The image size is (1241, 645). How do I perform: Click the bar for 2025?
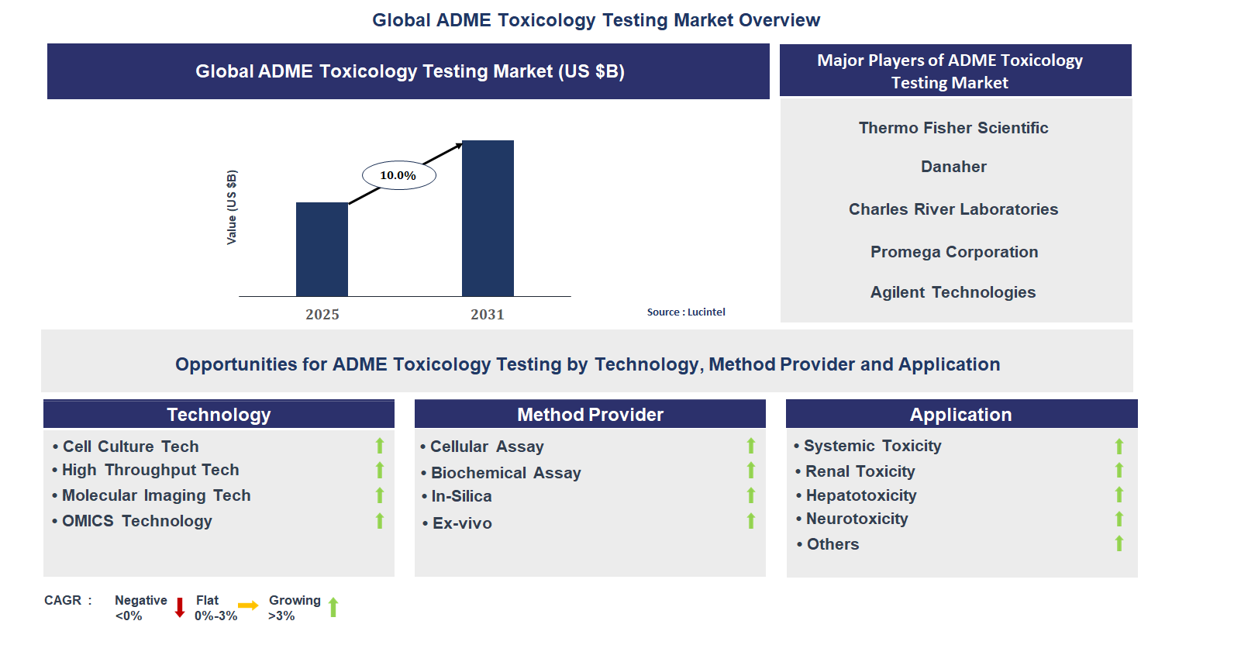point(322,249)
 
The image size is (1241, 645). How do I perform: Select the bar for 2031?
point(488,218)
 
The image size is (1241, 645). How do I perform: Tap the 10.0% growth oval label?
point(398,175)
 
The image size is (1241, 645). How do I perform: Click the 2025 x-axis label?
point(322,314)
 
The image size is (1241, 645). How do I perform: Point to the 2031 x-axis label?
point(487,314)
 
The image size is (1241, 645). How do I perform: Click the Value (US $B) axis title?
point(232,207)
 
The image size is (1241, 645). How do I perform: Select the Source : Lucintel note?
point(686,312)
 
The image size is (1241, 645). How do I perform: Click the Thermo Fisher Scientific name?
point(953,128)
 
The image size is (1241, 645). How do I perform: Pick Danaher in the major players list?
point(953,167)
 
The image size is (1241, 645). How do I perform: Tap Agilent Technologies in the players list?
point(953,292)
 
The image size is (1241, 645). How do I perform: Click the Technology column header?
point(219,415)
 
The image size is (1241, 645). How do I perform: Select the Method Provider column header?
point(590,415)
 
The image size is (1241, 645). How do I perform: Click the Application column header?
point(960,415)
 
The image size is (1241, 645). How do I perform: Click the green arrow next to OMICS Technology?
point(380,521)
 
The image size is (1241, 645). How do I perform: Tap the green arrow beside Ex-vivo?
point(750,521)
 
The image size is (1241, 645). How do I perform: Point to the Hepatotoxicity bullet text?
point(860,495)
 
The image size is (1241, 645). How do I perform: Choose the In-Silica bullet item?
point(461,496)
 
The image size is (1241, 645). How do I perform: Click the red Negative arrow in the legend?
point(180,607)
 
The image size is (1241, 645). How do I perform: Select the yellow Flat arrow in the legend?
point(248,605)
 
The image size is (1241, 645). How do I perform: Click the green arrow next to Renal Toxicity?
point(1119,471)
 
